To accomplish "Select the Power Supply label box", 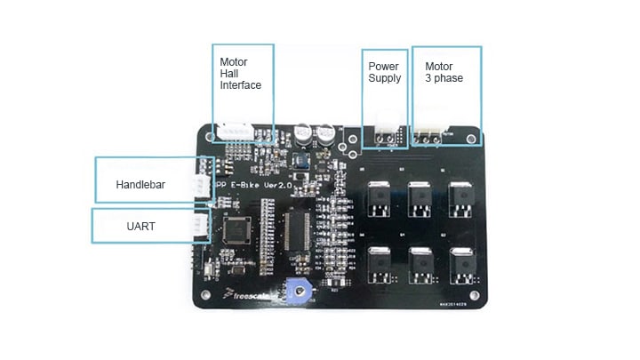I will [x=385, y=72].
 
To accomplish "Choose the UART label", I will [x=140, y=227].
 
